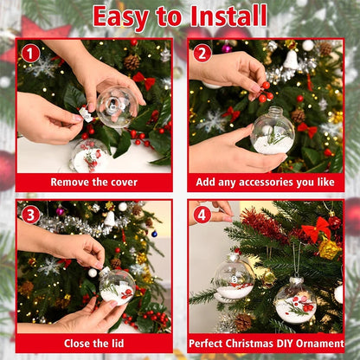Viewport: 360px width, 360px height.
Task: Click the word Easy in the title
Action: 123,16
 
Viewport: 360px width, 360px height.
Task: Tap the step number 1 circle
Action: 31,54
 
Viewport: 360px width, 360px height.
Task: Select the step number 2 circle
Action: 202,54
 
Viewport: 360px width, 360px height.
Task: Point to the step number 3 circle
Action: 31,215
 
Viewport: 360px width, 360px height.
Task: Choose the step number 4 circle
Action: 202,215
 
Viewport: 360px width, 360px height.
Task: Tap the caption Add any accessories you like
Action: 265,183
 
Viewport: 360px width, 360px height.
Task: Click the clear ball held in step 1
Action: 117,106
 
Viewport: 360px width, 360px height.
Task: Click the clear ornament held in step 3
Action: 116,286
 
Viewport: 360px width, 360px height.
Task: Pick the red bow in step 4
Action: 316,230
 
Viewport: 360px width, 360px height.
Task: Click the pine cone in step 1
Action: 132,62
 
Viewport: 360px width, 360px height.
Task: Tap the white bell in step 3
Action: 109,220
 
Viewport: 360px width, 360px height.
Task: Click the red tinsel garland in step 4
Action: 264,226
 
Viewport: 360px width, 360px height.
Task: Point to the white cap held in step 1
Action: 86,113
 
